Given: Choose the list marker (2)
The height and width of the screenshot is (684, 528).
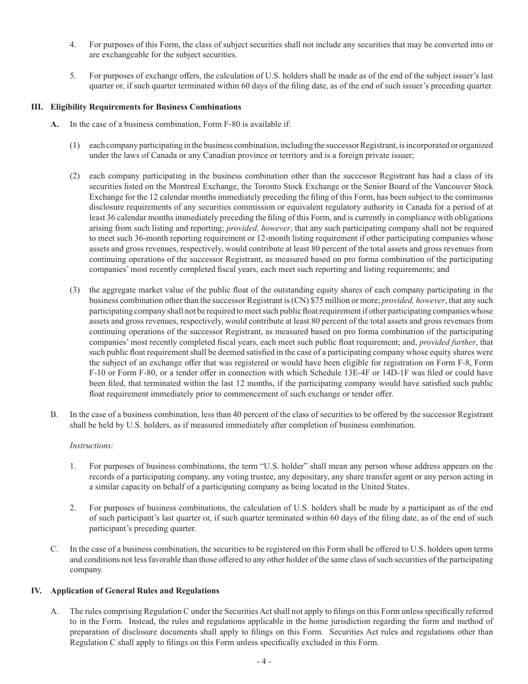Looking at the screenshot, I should point(75,176).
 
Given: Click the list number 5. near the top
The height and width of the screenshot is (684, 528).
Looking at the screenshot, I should point(73,76).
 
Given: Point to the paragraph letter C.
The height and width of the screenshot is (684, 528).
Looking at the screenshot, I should point(54,549).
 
